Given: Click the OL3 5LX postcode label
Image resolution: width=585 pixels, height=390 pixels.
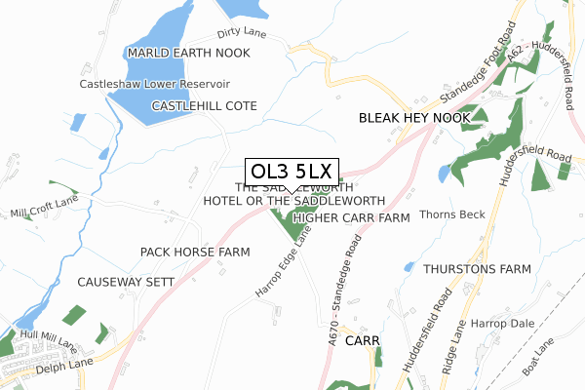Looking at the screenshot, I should [x=292, y=173].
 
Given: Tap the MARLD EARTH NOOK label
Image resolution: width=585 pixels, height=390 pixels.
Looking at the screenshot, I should [x=188, y=52].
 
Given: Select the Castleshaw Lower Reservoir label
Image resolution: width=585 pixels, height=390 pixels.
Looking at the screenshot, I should [x=155, y=85].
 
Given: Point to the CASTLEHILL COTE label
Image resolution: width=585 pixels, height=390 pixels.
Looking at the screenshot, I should [x=204, y=105].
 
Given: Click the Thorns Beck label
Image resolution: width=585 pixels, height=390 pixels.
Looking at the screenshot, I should [x=451, y=214].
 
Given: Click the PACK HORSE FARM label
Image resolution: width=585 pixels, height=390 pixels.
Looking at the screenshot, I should [x=195, y=252].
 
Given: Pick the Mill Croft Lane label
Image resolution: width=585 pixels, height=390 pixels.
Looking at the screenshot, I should [x=43, y=209].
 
